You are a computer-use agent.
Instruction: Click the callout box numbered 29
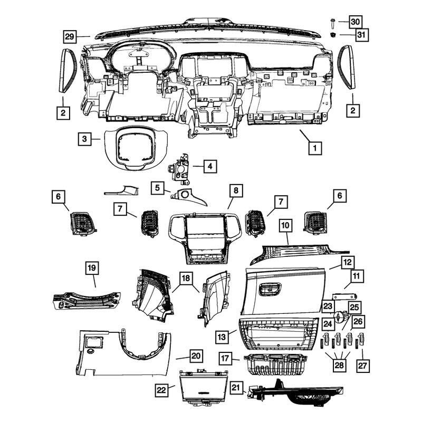(70, 36)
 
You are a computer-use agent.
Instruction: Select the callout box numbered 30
(356, 22)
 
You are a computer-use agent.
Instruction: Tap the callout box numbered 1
(315, 148)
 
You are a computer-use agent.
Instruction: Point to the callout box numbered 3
(85, 139)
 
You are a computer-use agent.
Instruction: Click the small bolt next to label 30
(333, 23)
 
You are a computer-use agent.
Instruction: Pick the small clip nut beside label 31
(334, 35)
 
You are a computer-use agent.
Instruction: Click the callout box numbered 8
(236, 190)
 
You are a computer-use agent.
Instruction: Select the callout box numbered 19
(92, 268)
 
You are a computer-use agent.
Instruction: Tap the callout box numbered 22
(161, 390)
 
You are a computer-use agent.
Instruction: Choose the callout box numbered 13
(222, 337)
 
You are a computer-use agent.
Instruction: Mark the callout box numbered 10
(285, 225)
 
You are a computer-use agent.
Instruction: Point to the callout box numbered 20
(196, 356)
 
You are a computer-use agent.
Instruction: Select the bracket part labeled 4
(179, 169)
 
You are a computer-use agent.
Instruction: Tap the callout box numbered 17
(225, 358)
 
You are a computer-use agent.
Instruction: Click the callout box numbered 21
(236, 388)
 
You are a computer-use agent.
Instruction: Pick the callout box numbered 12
(348, 262)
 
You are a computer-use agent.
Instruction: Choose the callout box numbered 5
(157, 188)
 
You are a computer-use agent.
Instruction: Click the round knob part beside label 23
(341, 317)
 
